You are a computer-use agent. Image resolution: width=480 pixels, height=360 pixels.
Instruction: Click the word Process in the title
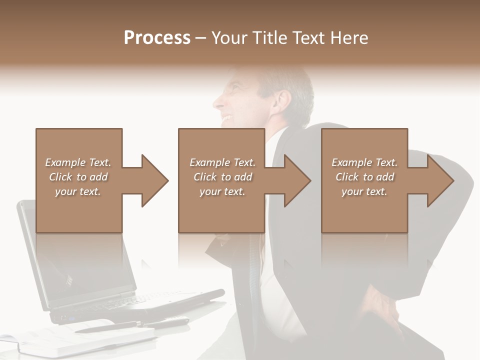[x=157, y=37]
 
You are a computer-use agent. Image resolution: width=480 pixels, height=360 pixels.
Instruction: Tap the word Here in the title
[x=348, y=37]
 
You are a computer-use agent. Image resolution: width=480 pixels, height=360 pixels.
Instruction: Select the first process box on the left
[x=79, y=150]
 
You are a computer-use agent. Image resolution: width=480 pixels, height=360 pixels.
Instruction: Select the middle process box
[x=221, y=150]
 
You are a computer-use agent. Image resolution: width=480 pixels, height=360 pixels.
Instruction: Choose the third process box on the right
[x=364, y=150]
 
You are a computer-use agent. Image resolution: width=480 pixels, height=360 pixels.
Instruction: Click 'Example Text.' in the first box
[x=78, y=162]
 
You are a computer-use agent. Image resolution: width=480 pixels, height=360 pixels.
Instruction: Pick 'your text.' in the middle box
[x=222, y=191]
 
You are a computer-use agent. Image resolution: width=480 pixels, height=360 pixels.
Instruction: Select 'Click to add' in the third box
[x=364, y=177]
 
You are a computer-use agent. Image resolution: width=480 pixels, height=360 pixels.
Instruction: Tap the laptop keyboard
[x=150, y=299]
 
